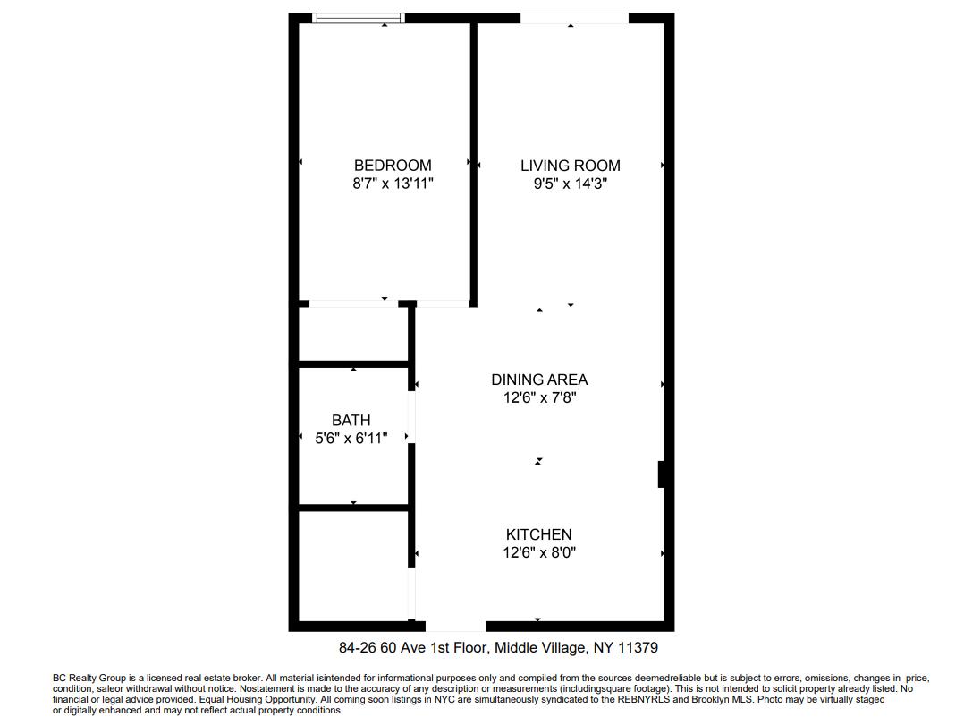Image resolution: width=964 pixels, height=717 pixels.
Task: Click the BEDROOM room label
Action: (x=393, y=166)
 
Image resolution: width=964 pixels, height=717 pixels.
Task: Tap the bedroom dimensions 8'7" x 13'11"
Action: (x=393, y=184)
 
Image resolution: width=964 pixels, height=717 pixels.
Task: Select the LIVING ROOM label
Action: (x=570, y=166)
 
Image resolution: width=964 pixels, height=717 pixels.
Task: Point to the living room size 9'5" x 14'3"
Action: (x=570, y=184)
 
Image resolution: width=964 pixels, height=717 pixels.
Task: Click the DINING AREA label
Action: (x=539, y=380)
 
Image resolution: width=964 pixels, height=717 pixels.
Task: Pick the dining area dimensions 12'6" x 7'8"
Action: (x=539, y=397)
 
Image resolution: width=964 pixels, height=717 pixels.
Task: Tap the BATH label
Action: (x=351, y=420)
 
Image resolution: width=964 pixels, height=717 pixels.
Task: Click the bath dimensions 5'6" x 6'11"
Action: (x=351, y=438)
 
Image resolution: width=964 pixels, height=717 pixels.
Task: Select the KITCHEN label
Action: (x=538, y=534)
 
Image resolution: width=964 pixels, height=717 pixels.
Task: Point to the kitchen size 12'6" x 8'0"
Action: (x=538, y=552)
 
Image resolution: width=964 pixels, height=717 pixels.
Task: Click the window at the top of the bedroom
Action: (x=359, y=18)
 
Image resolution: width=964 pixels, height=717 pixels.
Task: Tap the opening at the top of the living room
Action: (x=574, y=18)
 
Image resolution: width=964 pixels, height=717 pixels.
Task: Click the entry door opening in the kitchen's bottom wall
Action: (x=455, y=626)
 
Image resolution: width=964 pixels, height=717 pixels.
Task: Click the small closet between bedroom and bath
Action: (x=353, y=335)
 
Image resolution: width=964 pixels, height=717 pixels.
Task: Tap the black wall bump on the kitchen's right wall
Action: (x=662, y=474)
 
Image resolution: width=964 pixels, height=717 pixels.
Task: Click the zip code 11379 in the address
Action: (x=638, y=647)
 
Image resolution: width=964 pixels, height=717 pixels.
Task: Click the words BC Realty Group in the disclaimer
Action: (x=89, y=679)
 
